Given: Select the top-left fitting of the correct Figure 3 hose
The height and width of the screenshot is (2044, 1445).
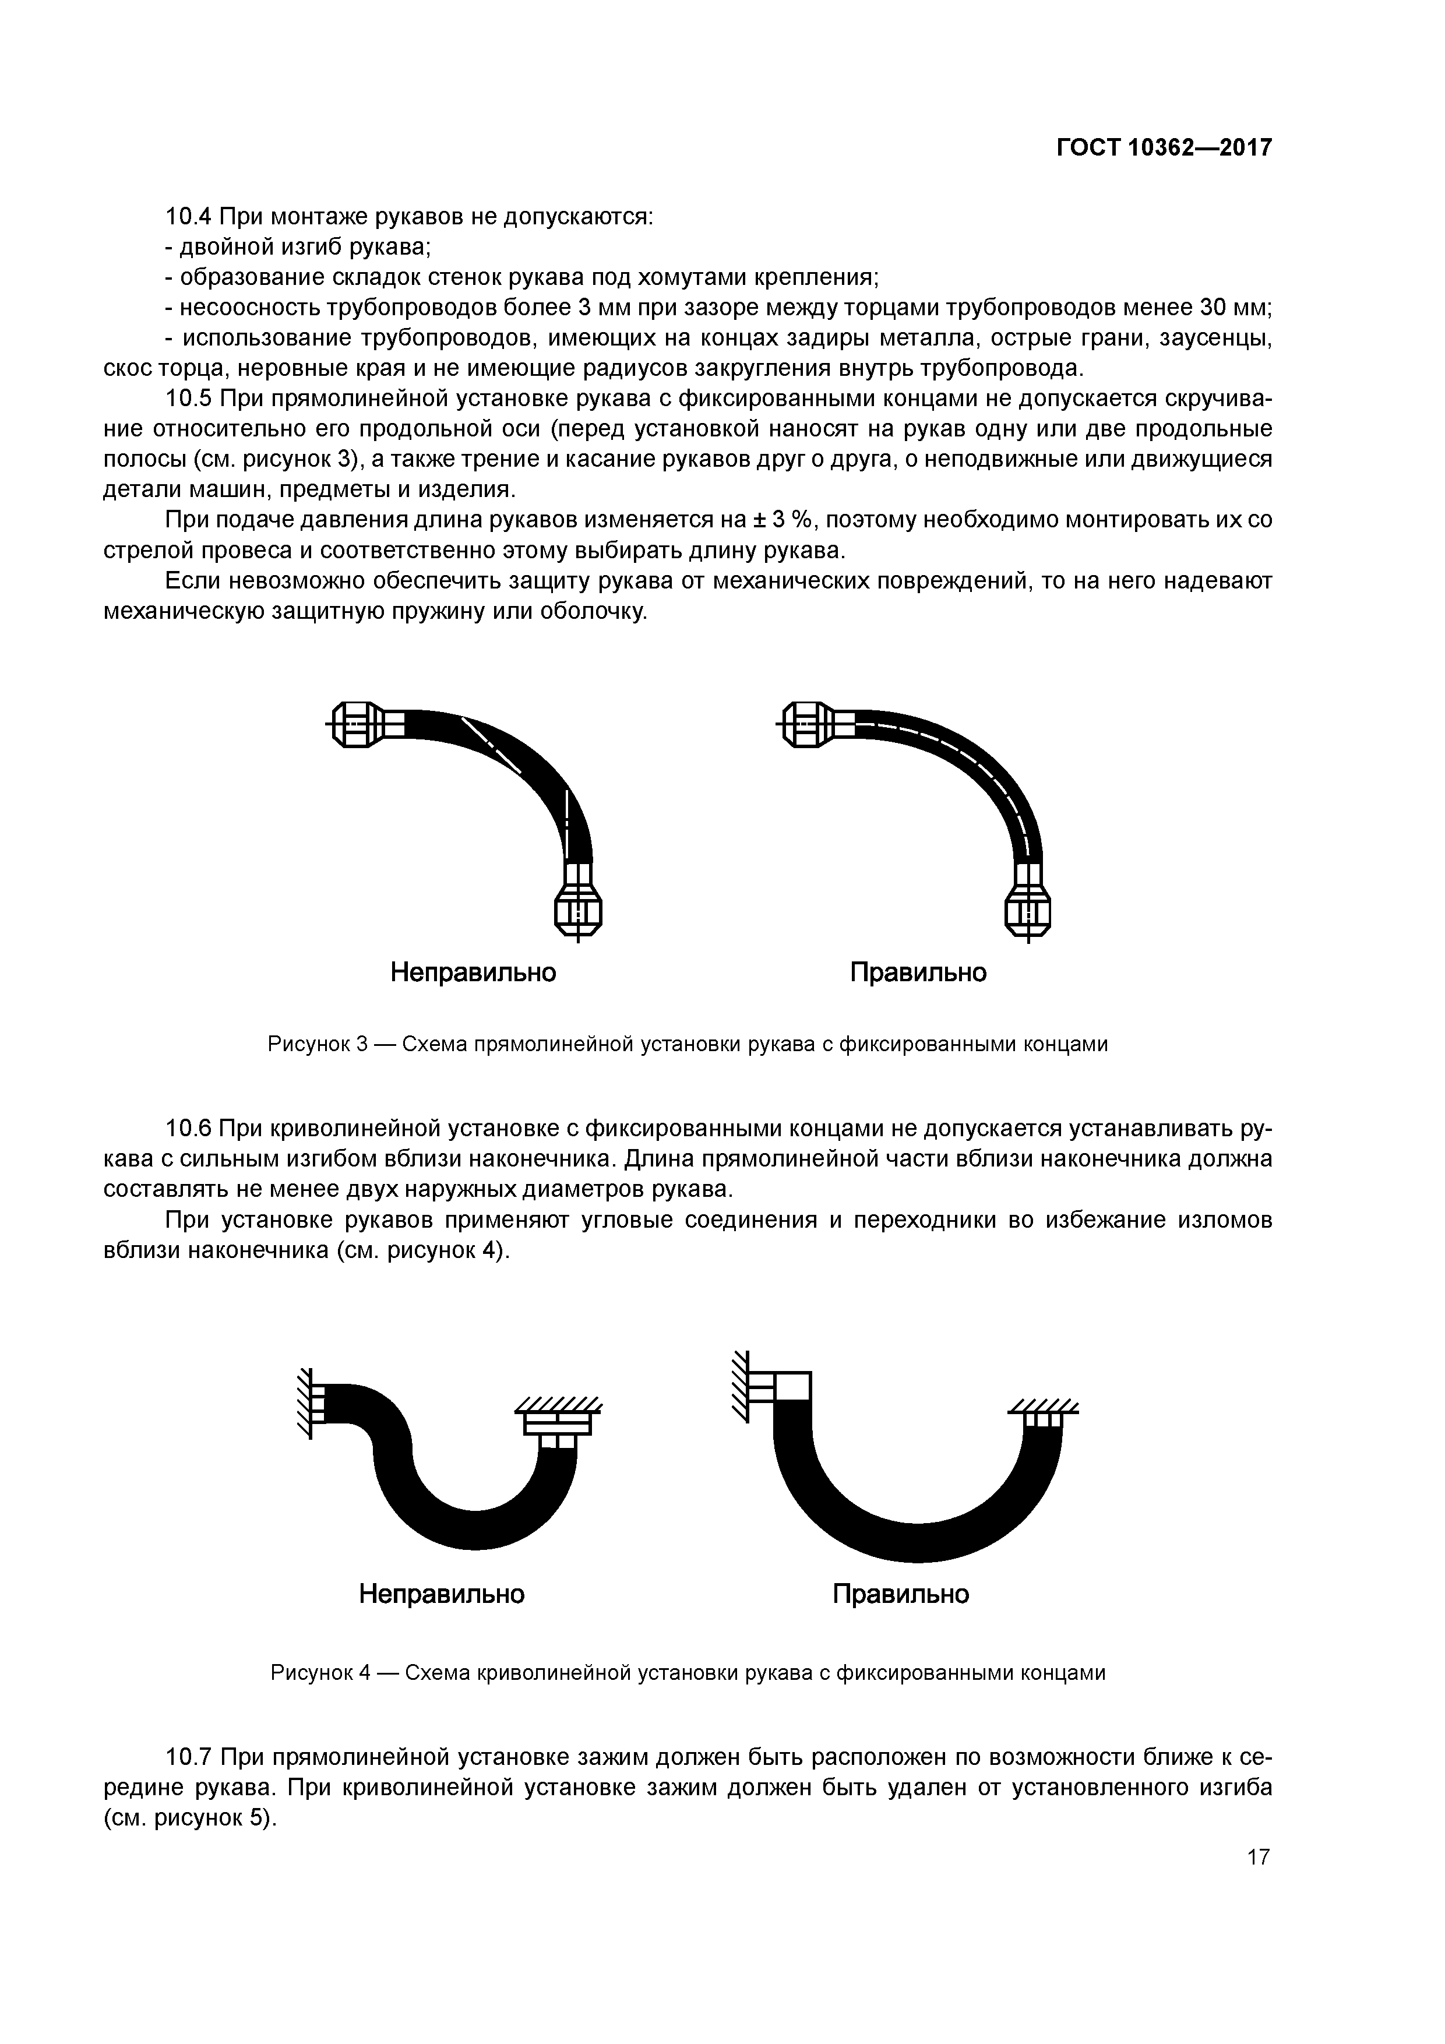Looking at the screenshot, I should (808, 725).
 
